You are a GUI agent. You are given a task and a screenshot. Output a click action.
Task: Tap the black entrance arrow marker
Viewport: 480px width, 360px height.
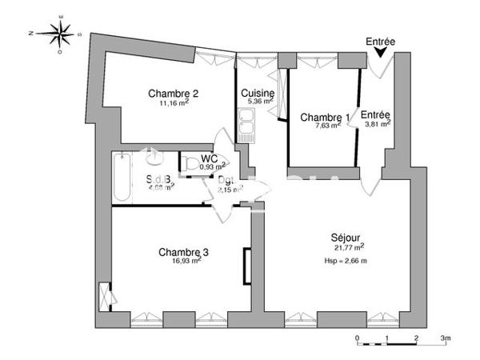[380, 52]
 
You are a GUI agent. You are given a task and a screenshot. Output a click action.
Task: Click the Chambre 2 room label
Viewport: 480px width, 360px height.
[174, 93]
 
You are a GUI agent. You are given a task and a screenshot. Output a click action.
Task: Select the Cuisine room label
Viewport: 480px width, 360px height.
[258, 93]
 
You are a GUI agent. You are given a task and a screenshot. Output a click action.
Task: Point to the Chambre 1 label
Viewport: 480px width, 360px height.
[324, 118]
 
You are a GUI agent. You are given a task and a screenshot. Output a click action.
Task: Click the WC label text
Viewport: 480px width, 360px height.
[210, 158]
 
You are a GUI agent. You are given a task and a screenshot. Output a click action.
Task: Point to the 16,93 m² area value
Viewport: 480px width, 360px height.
[190, 261]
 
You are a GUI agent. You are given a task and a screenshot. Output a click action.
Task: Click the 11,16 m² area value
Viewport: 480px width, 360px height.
[174, 103]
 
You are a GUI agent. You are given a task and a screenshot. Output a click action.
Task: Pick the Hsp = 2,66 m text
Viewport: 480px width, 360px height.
[345, 261]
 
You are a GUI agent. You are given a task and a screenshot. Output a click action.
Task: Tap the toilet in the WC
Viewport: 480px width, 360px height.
[190, 164]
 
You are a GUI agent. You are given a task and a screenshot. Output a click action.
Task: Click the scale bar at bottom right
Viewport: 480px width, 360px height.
[401, 345]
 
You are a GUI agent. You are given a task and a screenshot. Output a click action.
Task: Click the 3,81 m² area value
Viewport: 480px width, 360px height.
[378, 125]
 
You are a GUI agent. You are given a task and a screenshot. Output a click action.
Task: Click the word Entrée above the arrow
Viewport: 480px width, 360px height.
[380, 41]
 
